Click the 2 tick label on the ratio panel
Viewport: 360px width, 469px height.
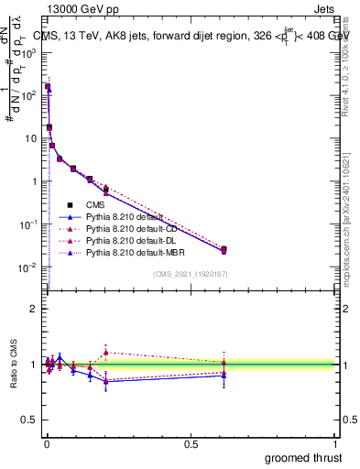pyautogui.click(x=35, y=309)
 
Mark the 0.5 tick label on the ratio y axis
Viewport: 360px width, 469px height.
pyautogui.click(x=30, y=421)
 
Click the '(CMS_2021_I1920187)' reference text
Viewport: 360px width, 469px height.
pyautogui.click(x=190, y=274)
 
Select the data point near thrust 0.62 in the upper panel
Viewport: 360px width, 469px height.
pyautogui.click(x=224, y=249)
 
